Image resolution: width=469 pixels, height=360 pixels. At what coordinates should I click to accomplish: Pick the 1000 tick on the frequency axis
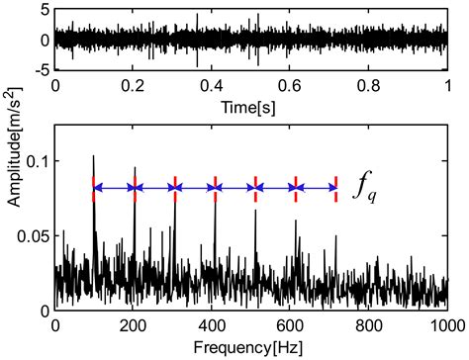(446, 325)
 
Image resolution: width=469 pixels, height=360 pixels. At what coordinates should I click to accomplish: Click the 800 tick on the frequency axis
(368, 325)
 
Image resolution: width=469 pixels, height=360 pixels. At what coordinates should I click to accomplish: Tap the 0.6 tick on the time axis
(290, 86)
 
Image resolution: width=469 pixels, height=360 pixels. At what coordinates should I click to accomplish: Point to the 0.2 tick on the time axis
(134, 86)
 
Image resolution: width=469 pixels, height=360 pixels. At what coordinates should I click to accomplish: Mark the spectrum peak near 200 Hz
(135, 168)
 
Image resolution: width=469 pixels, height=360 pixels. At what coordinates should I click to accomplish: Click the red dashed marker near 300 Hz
(175, 187)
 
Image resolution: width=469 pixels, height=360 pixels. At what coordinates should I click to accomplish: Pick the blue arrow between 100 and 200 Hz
(114, 187)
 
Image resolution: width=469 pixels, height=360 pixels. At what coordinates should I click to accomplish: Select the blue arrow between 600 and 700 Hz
(316, 187)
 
